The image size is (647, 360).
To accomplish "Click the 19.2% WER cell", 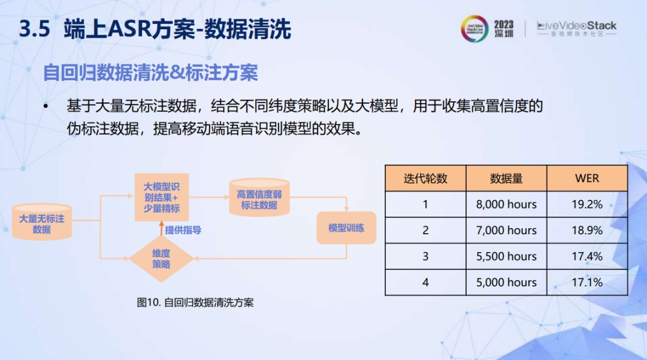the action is pos(587,204).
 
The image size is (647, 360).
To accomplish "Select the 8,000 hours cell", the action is pos(506,204).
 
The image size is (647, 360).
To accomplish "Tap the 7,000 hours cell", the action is pos(506,230).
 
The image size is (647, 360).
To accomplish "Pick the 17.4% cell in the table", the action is pos(587,256).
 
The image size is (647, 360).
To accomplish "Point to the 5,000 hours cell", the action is pos(506,283).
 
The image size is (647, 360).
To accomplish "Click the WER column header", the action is pos(587,178).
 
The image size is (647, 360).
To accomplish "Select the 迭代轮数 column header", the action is pos(425,178).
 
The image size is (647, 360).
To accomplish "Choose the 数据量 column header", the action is pos(506,178).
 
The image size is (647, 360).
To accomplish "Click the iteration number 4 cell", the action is pos(425,283).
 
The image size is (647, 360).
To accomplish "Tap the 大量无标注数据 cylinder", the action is pos(42,222).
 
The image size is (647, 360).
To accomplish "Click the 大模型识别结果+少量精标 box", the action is pos(161,197).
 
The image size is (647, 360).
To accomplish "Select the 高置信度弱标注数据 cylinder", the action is pos(259,198).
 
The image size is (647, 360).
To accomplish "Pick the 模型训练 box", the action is pos(346,228).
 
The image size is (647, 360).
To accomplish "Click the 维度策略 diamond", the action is pos(161,259).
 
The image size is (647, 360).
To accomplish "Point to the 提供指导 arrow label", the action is pos(183,230).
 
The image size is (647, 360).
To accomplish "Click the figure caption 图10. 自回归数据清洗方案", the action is pos(195,302).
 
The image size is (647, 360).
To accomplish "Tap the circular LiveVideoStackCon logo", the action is pos(474,29).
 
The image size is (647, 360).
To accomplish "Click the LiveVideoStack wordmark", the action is pos(576,28).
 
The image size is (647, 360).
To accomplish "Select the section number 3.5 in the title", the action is pos(35,29).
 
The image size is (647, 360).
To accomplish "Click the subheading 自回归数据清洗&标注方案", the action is pos(150,72).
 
